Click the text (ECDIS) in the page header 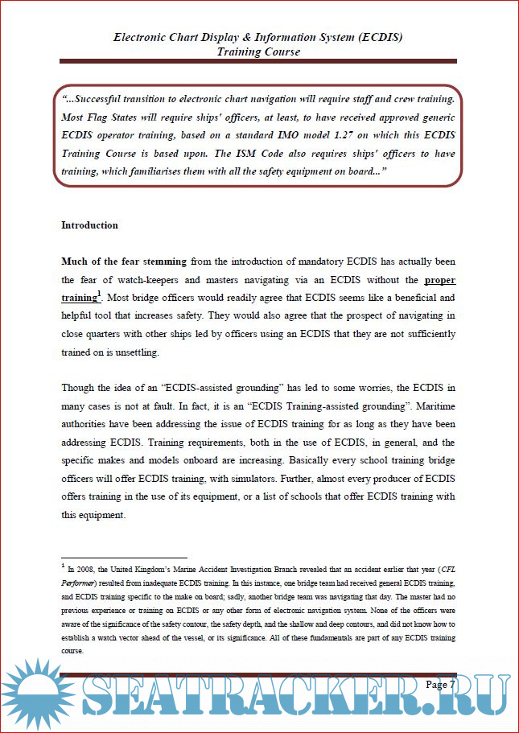click(x=374, y=37)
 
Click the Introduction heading click(x=89, y=225)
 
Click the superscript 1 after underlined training click(x=99, y=294)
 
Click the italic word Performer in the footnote click(x=79, y=581)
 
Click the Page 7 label click(x=440, y=685)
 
